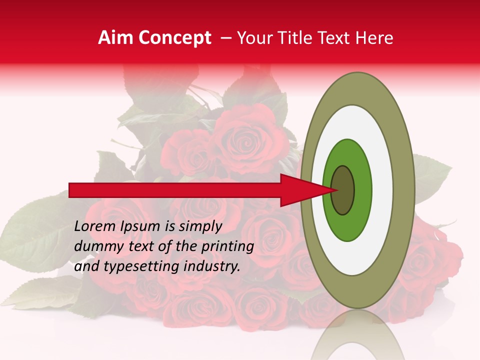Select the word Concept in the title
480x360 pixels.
click(174, 38)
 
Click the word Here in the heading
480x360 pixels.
click(373, 38)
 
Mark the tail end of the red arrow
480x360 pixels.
click(70, 190)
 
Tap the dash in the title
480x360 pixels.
click(226, 38)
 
